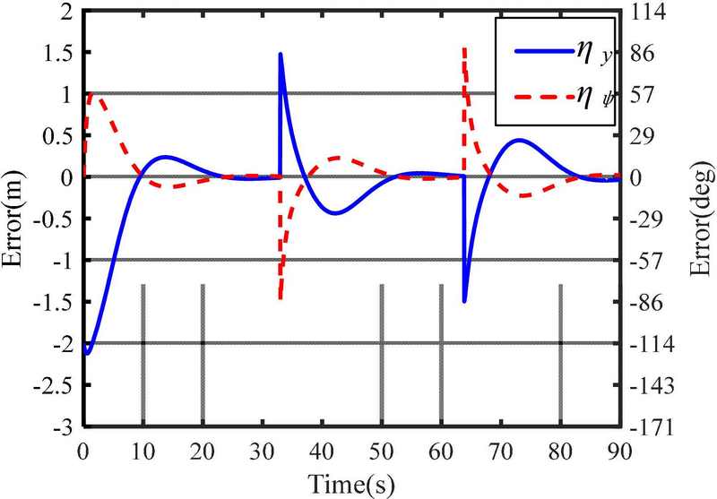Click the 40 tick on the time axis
pos(322,447)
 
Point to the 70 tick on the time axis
pos(500,447)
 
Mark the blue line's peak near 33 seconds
pos(281,54)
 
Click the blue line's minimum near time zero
pos(87,353)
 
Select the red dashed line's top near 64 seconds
pos(463,48)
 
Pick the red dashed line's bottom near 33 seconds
pos(281,297)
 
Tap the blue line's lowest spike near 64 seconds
pos(464,301)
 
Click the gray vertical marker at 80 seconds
pos(560,354)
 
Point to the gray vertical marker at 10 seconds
pos(143,354)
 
